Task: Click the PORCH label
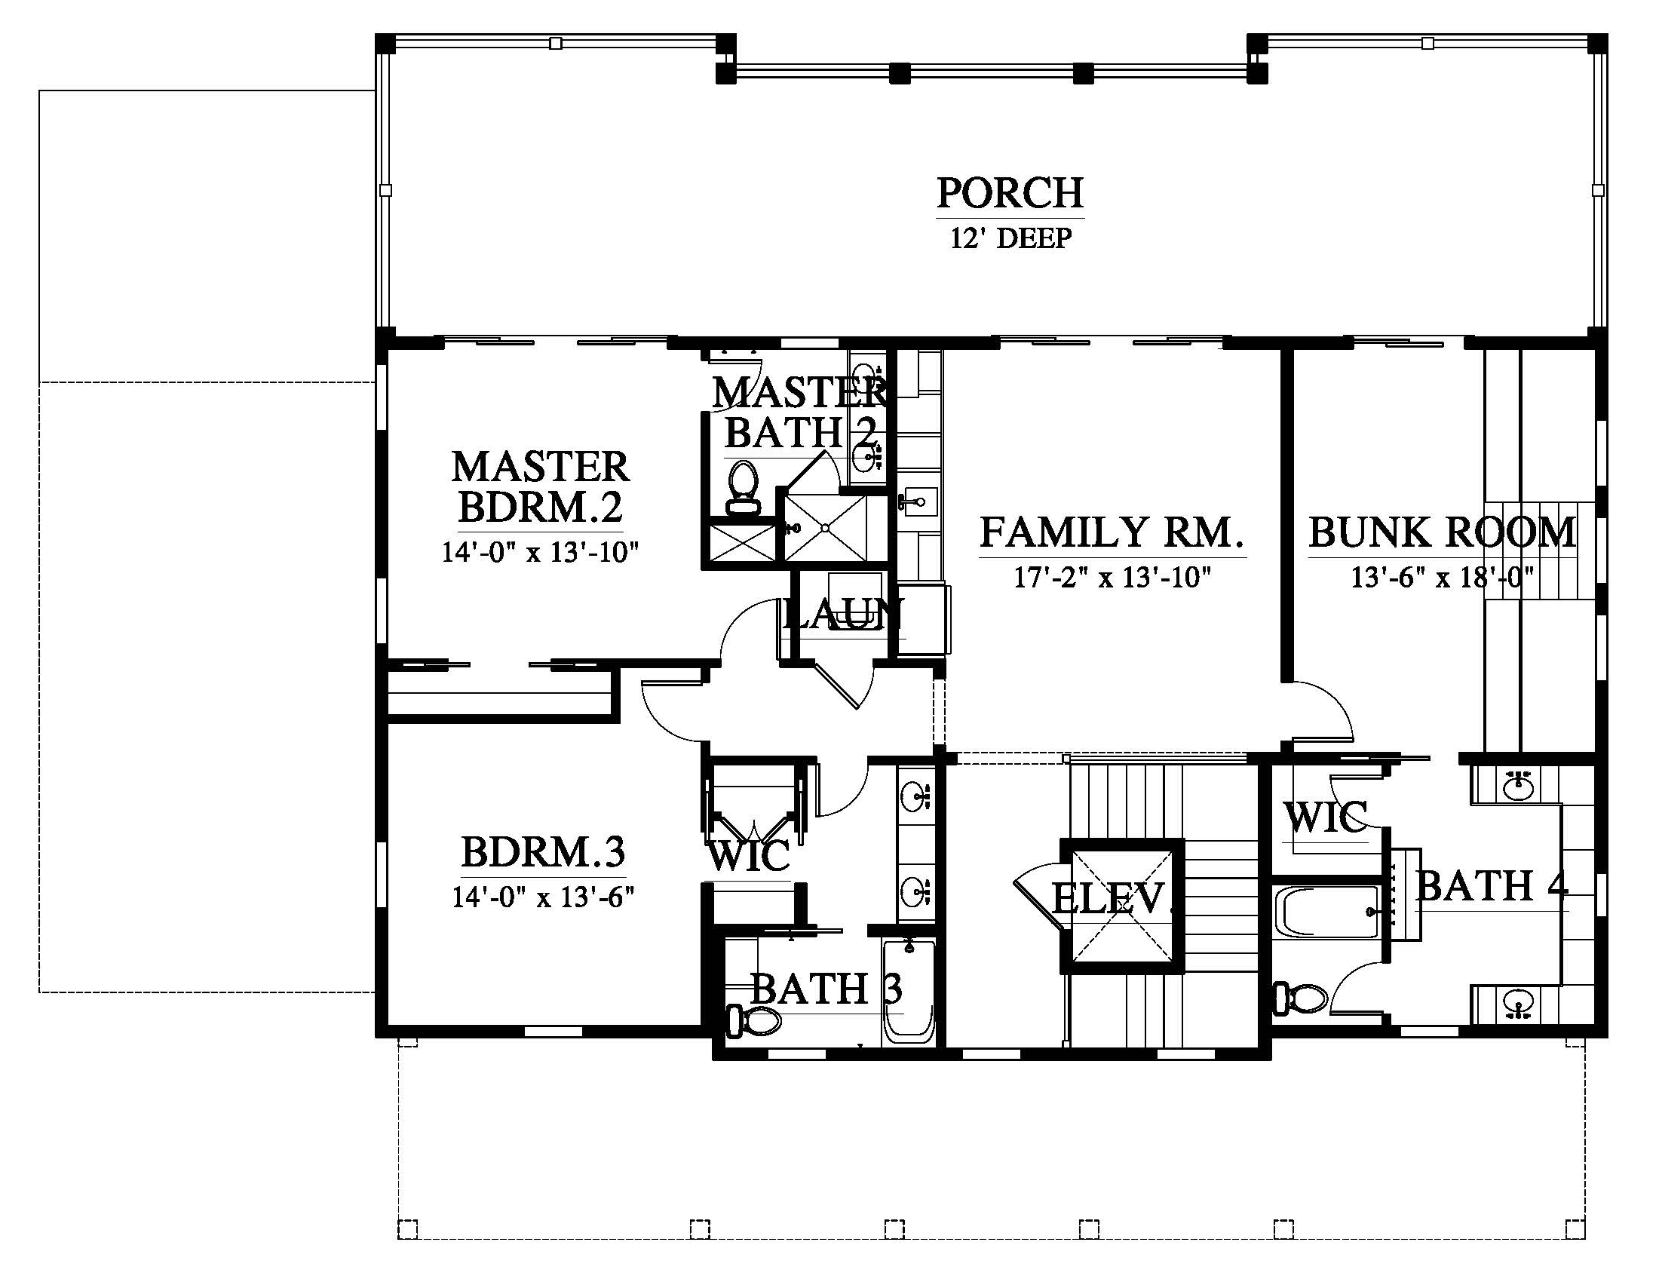1010,194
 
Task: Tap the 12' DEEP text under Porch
1011,238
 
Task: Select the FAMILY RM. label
1112,532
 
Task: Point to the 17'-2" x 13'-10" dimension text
1112,578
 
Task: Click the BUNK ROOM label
1442,532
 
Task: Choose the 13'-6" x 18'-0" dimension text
1442,577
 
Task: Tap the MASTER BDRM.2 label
541,487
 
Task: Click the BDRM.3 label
543,852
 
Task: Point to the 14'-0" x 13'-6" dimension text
543,897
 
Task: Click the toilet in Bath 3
753,1021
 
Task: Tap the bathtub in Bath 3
909,991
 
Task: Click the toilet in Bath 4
1300,997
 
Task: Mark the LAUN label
843,614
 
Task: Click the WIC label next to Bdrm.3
749,856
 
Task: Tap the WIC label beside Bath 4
1326,817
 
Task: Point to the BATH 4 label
1492,885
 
